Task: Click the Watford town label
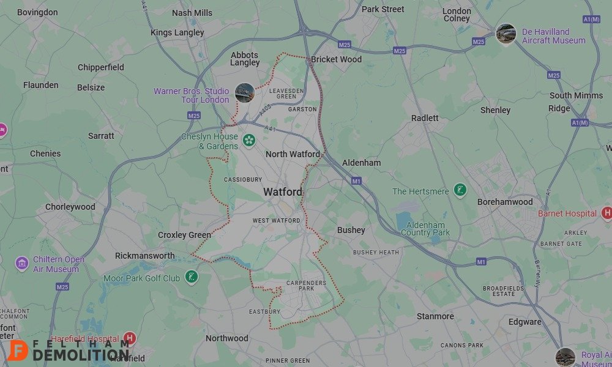283,192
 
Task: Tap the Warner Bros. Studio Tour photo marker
244,93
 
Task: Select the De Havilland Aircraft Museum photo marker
506,34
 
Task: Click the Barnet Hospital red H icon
607,213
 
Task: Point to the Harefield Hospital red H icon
129,338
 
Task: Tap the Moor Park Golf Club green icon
192,278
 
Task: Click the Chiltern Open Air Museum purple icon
22,264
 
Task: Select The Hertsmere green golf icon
460,191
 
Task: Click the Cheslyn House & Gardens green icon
249,141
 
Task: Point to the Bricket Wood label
336,59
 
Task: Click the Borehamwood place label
505,202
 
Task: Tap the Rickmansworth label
145,256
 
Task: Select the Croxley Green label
184,235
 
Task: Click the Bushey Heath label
376,252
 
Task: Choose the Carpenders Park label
306,286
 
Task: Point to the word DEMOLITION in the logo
81,355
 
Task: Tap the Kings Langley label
177,32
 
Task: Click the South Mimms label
577,95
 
